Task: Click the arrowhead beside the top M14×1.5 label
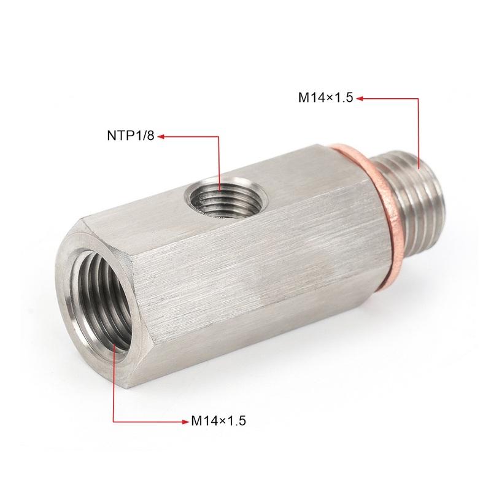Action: pyautogui.click(x=360, y=97)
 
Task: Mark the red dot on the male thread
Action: pyautogui.click(x=419, y=166)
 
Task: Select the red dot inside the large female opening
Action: pyautogui.click(x=115, y=347)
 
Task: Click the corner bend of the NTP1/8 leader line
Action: pyautogui.click(x=219, y=137)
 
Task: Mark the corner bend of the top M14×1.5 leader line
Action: pyautogui.click(x=419, y=97)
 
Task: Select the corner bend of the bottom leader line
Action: pyautogui.click(x=115, y=421)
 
